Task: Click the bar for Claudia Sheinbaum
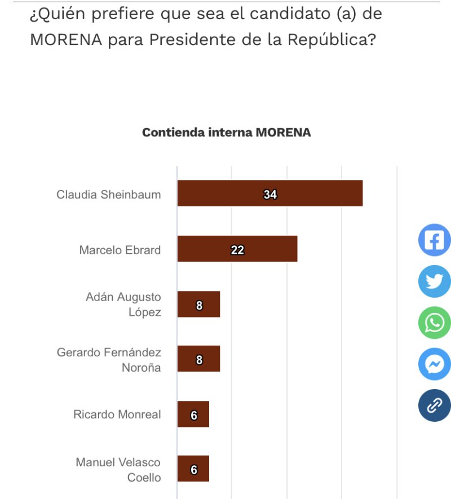269,193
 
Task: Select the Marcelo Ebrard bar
237,249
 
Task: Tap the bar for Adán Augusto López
198,304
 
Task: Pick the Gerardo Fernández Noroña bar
198,359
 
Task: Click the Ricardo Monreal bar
193,414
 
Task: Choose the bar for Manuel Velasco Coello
193,469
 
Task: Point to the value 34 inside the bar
270,195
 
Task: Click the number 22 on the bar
237,250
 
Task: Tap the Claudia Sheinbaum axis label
108,195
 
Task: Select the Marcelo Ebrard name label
120,250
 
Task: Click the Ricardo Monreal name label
117,414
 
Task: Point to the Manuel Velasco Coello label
118,470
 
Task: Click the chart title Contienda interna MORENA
226,133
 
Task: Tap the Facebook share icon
434,240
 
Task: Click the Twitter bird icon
434,281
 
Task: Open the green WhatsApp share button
434,323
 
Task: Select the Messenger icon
434,364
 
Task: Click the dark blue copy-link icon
434,405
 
